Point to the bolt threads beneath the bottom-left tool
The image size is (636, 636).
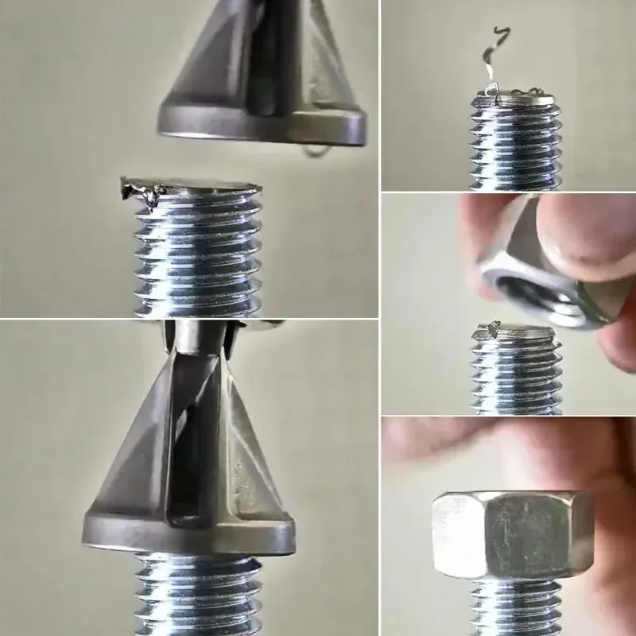[199, 596]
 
